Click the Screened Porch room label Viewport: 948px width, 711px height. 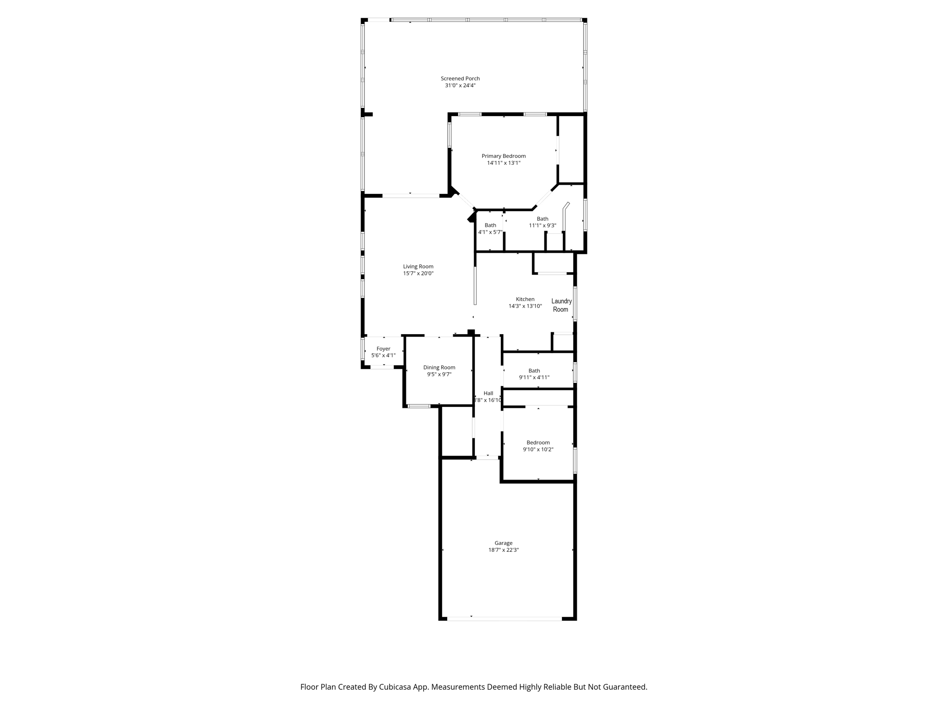point(460,79)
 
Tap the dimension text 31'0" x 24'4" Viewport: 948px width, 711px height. point(460,86)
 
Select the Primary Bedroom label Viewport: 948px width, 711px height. point(504,156)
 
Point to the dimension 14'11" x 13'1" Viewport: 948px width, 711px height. point(504,163)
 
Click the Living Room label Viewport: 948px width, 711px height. point(418,267)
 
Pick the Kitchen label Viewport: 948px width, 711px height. point(525,299)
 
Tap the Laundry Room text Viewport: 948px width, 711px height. point(561,305)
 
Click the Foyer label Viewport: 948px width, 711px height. point(383,349)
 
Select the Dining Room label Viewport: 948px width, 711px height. point(439,368)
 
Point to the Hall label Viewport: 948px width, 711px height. point(488,393)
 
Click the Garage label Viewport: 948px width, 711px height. point(503,543)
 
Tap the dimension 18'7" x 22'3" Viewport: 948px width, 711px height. point(503,550)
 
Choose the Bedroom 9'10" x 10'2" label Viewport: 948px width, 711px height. point(538,443)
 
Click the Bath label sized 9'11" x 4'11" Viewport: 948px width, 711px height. point(534,371)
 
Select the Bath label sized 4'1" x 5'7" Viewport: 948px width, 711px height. point(490,225)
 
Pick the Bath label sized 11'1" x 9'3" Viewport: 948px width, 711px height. point(543,219)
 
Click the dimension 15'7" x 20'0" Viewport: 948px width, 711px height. point(418,274)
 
